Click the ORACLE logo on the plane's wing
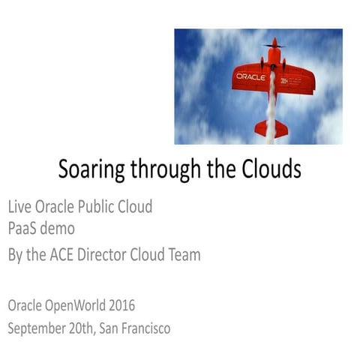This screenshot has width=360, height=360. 250,76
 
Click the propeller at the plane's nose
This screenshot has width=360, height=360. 274,45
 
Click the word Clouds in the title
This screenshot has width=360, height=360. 266,170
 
